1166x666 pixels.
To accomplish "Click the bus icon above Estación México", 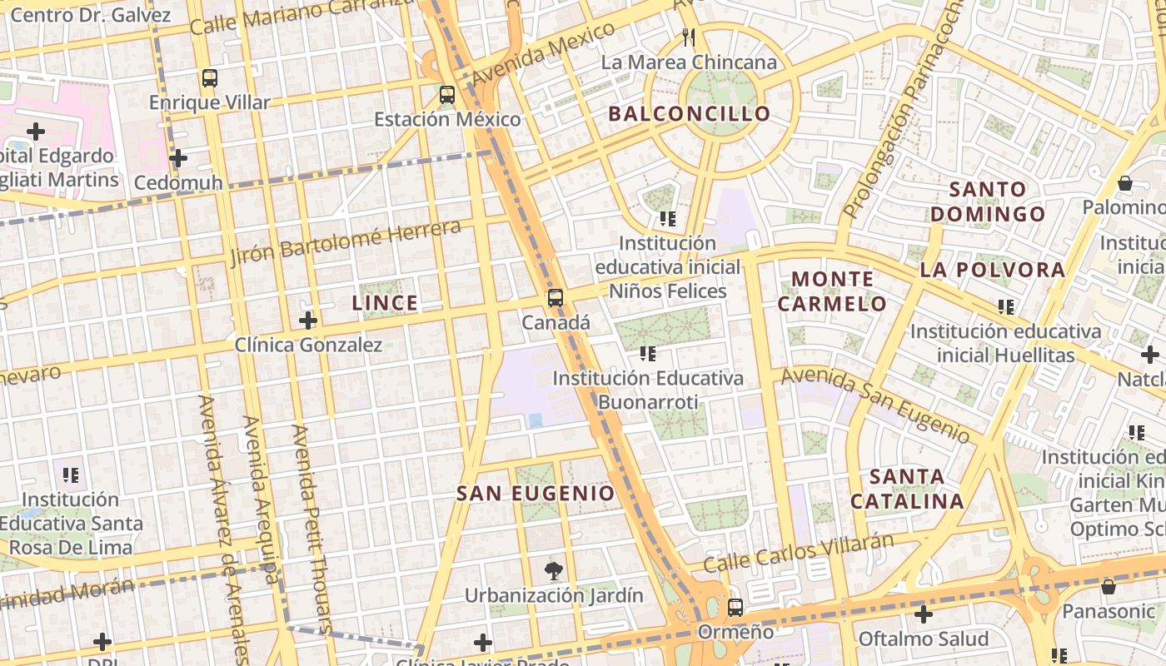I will [x=447, y=95].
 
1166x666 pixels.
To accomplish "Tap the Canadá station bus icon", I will [x=556, y=297].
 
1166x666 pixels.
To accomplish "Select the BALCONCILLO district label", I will [x=690, y=114].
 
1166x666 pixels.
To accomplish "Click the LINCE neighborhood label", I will [x=385, y=303].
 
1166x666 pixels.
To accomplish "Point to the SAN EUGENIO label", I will [x=536, y=493].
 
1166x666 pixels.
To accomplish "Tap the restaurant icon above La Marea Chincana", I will [x=688, y=37].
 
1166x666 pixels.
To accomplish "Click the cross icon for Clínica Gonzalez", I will [x=308, y=320].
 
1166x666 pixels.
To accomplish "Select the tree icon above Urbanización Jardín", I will [x=553, y=571].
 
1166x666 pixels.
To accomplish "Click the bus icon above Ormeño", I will [x=735, y=608].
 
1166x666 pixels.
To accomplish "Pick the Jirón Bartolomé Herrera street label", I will [x=345, y=242].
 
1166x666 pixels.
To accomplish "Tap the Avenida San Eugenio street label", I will [x=874, y=405].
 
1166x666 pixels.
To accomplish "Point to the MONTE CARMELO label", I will [x=832, y=291].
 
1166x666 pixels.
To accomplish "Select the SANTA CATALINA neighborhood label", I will [x=907, y=490].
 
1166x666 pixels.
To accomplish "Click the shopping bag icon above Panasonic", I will [x=1108, y=587].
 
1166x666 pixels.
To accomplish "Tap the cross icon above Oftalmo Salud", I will [x=923, y=615].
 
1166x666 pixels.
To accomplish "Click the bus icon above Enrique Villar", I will [x=210, y=78].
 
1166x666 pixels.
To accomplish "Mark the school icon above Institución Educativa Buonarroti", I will [x=647, y=354].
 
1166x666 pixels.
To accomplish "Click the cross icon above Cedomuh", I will [x=177, y=158].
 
